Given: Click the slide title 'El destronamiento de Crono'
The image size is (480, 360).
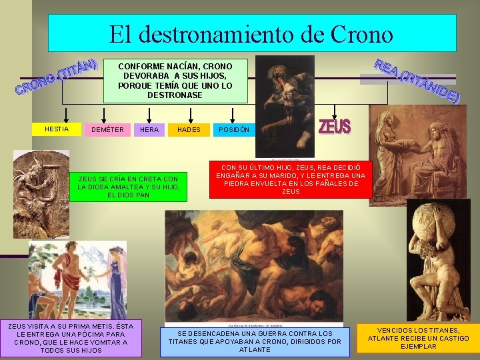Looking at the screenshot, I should coord(252,33).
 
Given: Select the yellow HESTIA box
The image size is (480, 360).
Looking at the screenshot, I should coord(57,129).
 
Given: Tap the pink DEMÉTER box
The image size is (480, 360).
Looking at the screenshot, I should coord(107,129).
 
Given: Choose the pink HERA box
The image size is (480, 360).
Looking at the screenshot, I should coord(149,129).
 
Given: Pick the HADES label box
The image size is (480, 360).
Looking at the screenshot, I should coord(189,129).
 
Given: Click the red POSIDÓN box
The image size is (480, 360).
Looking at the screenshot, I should coord(234,129).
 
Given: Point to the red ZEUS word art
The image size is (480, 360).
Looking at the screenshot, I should coord(335,126).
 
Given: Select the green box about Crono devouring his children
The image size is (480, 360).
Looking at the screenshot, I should coord(175,81).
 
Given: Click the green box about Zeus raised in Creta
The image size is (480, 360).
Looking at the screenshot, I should coord(129,187).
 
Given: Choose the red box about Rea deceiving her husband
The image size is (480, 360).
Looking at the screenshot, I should coord(291,179).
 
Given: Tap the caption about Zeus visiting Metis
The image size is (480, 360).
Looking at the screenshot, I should coord(71,338).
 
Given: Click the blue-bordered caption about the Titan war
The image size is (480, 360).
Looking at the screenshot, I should coord(255,341).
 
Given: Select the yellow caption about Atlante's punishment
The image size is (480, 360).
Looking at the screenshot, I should coord(418,338).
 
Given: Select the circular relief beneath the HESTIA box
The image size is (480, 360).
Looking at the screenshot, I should coord(41,194).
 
